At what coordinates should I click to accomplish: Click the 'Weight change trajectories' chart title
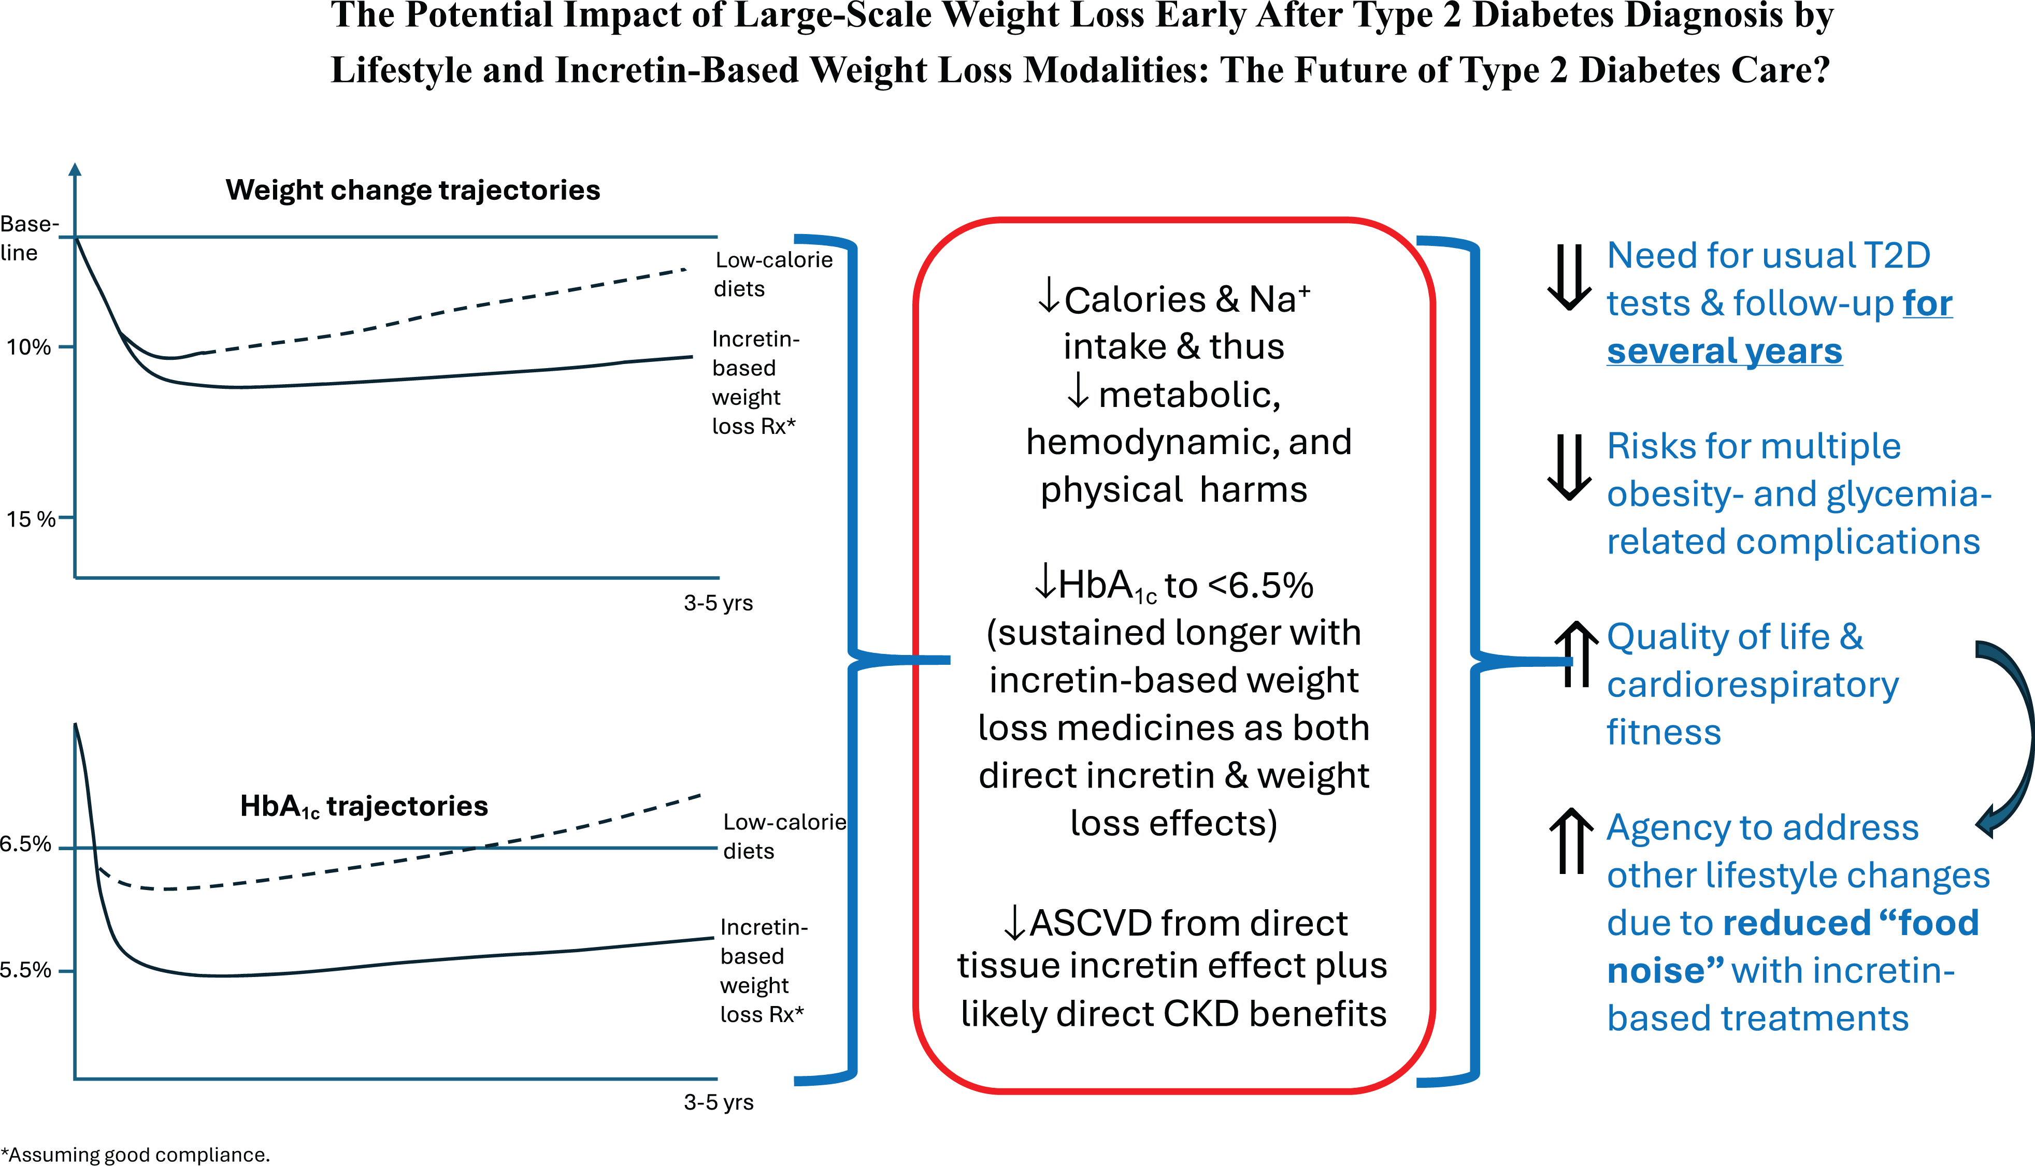[x=412, y=191]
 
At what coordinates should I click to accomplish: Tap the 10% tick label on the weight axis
[x=29, y=347]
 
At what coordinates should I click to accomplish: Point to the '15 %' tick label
[x=31, y=519]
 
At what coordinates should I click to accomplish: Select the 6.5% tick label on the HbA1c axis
[x=25, y=844]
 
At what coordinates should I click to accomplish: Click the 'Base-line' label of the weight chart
[x=24, y=238]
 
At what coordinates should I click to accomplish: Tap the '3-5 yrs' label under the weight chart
[x=718, y=603]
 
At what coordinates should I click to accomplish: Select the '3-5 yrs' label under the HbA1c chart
[x=718, y=1103]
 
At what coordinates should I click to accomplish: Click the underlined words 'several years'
[x=1724, y=352]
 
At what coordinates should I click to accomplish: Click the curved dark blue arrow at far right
[x=2011, y=737]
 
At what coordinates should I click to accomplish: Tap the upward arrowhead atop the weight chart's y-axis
[x=75, y=169]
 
